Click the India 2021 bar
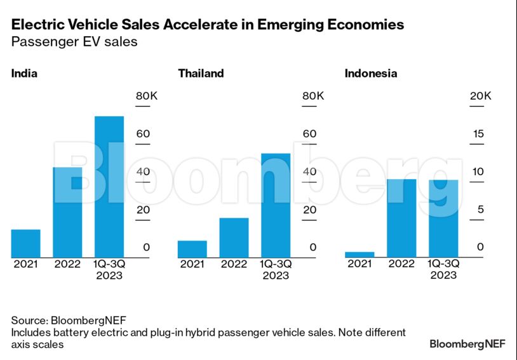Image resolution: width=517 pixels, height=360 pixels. tap(25, 243)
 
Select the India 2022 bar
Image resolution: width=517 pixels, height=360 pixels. tap(67, 212)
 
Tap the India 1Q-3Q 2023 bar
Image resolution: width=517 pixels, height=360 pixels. tap(109, 187)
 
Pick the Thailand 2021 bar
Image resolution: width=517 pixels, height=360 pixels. tap(192, 249)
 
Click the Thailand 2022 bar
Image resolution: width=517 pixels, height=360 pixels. tap(234, 237)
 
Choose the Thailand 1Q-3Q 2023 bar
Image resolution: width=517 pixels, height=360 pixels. tap(276, 205)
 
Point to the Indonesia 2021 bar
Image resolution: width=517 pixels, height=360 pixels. tap(359, 254)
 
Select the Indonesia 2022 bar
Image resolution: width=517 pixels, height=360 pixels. tap(401, 218)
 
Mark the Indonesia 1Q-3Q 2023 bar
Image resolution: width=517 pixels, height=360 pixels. tap(443, 218)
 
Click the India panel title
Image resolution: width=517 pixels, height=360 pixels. tap(24, 73)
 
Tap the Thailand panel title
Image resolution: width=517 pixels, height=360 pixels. tap(201, 73)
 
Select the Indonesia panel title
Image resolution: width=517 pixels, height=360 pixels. tap(371, 73)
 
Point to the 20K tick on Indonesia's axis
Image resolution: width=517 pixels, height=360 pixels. tap(480, 96)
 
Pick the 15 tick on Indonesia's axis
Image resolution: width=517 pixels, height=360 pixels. tap(478, 133)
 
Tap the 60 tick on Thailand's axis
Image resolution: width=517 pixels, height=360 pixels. tap(309, 133)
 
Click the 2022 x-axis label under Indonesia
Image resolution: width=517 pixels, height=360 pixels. tap(401, 264)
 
